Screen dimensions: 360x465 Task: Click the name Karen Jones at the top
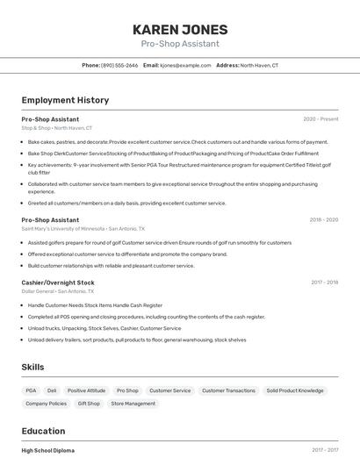pos(180,29)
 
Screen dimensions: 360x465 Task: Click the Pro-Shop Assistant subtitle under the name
pos(180,44)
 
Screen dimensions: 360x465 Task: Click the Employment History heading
pos(65,100)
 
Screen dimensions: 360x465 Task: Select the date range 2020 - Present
pos(320,118)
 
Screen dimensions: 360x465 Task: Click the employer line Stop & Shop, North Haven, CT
pos(56,128)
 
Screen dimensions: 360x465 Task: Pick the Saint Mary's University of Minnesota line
pos(83,229)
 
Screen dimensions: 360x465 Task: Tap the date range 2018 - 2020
pos(323,220)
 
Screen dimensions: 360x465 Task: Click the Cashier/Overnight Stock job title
pos(58,283)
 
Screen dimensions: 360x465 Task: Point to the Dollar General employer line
pos(58,291)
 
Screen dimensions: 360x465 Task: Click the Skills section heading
pos(32,367)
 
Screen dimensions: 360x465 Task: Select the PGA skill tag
pos(31,390)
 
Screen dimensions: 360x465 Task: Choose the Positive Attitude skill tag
pos(86,390)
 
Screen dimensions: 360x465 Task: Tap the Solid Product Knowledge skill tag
pos(295,390)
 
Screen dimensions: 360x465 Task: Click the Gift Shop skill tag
pos(89,404)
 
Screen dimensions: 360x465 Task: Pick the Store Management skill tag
pos(133,404)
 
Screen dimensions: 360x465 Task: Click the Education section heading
pos(43,431)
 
